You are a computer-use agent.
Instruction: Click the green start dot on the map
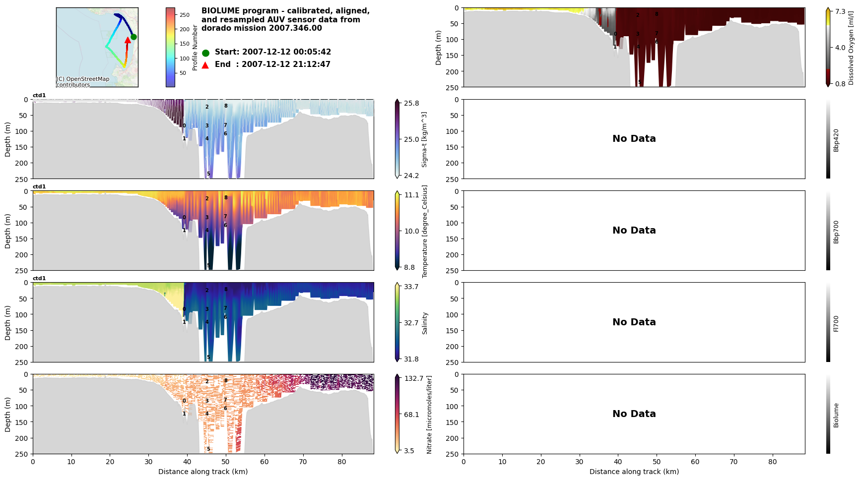[133, 37]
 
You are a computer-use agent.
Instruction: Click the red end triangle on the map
[128, 40]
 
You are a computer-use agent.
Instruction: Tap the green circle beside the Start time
[205, 53]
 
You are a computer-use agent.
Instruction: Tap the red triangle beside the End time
[205, 65]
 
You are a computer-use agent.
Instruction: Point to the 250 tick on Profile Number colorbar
[184, 15]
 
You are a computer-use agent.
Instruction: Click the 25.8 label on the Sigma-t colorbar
[411, 103]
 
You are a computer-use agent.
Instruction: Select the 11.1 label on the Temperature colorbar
[411, 195]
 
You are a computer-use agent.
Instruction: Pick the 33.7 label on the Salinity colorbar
[411, 287]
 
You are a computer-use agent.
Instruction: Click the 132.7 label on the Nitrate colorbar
[413, 378]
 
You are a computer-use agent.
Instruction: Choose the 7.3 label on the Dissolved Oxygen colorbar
[840, 11]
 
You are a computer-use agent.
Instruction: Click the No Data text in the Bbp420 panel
[634, 139]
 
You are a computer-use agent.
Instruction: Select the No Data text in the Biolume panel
[634, 414]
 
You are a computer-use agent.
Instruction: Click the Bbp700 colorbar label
[836, 232]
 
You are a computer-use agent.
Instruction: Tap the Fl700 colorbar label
[836, 323]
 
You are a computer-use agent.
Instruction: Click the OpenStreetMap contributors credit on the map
[82, 82]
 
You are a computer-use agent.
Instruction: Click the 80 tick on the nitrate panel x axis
[341, 462]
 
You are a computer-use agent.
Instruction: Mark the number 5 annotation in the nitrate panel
[208, 449]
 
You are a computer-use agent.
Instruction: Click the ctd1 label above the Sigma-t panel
[39, 95]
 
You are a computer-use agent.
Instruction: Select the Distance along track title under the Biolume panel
[634, 472]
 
